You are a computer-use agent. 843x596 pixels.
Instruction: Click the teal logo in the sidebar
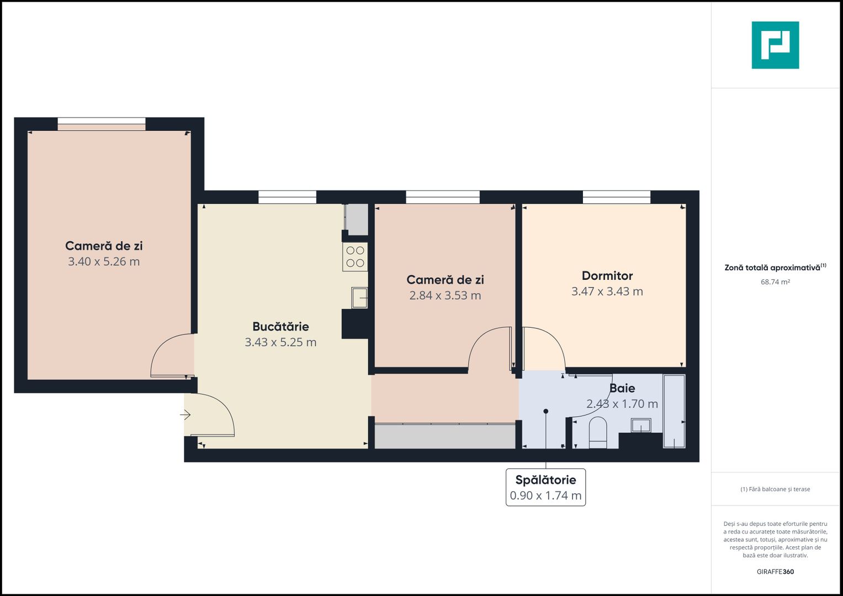pyautogui.click(x=775, y=45)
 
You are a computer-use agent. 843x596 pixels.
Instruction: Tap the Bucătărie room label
pyautogui.click(x=280, y=327)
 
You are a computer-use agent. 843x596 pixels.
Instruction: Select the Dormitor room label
pyautogui.click(x=607, y=276)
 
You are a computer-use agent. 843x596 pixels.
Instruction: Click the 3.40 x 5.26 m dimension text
pyautogui.click(x=104, y=262)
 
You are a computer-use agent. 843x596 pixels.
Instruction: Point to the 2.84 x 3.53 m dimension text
pyautogui.click(x=445, y=296)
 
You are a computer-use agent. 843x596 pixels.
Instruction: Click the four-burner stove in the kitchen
pyautogui.click(x=355, y=257)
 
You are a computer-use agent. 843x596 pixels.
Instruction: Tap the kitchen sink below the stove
pyautogui.click(x=359, y=297)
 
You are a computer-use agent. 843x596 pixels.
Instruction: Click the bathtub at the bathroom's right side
pyautogui.click(x=674, y=411)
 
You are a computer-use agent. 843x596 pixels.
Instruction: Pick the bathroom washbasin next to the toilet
pyautogui.click(x=641, y=425)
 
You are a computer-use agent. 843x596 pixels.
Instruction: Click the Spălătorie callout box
pyautogui.click(x=545, y=487)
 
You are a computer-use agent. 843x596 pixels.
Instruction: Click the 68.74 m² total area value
pyautogui.click(x=775, y=282)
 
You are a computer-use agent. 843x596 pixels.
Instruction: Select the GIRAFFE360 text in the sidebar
pyautogui.click(x=775, y=572)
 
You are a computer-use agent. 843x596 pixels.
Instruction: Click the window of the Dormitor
pyautogui.click(x=616, y=197)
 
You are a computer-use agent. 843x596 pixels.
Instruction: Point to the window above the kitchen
pyautogui.click(x=287, y=197)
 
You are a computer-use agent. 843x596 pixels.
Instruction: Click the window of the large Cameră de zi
pyautogui.click(x=102, y=124)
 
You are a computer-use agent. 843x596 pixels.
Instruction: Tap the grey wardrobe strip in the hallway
pyautogui.click(x=445, y=436)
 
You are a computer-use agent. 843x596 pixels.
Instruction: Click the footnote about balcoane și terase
pyautogui.click(x=775, y=489)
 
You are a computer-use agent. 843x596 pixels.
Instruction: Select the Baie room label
pyautogui.click(x=622, y=389)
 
